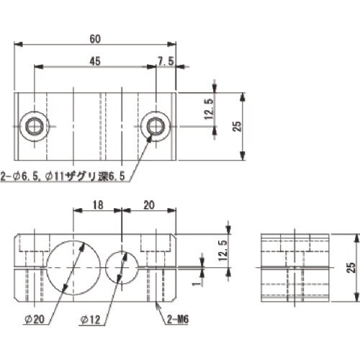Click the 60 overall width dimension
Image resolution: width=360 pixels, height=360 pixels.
click(x=95, y=37)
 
